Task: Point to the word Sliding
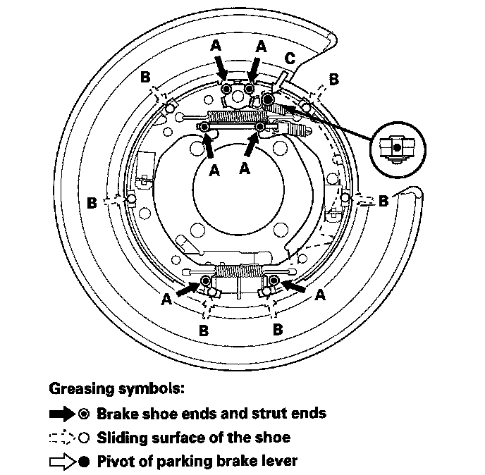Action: [121, 438]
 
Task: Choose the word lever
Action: [278, 462]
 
